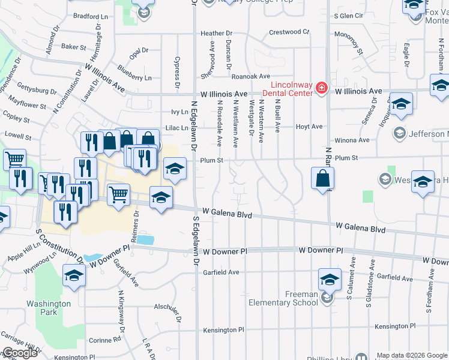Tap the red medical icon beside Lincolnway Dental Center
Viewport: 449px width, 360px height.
(322, 89)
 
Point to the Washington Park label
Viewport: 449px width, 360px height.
(49, 308)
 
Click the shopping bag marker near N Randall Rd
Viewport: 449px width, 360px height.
(322, 178)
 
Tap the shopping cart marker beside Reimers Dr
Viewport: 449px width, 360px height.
(119, 194)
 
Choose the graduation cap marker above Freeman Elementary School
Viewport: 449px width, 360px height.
(329, 280)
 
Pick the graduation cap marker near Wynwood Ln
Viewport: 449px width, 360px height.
(74, 275)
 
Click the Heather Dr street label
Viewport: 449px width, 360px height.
(217, 34)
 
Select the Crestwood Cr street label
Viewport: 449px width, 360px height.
(289, 32)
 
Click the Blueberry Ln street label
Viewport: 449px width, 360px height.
(134, 77)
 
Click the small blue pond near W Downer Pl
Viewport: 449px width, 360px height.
(145, 239)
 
